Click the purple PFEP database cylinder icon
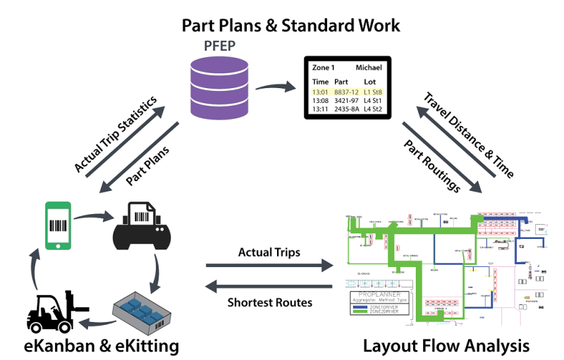click(216, 89)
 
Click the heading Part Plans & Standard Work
click(291, 25)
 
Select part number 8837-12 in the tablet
click(347, 92)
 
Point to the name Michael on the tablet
click(369, 68)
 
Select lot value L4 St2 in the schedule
click(372, 110)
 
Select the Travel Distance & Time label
click(467, 132)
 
